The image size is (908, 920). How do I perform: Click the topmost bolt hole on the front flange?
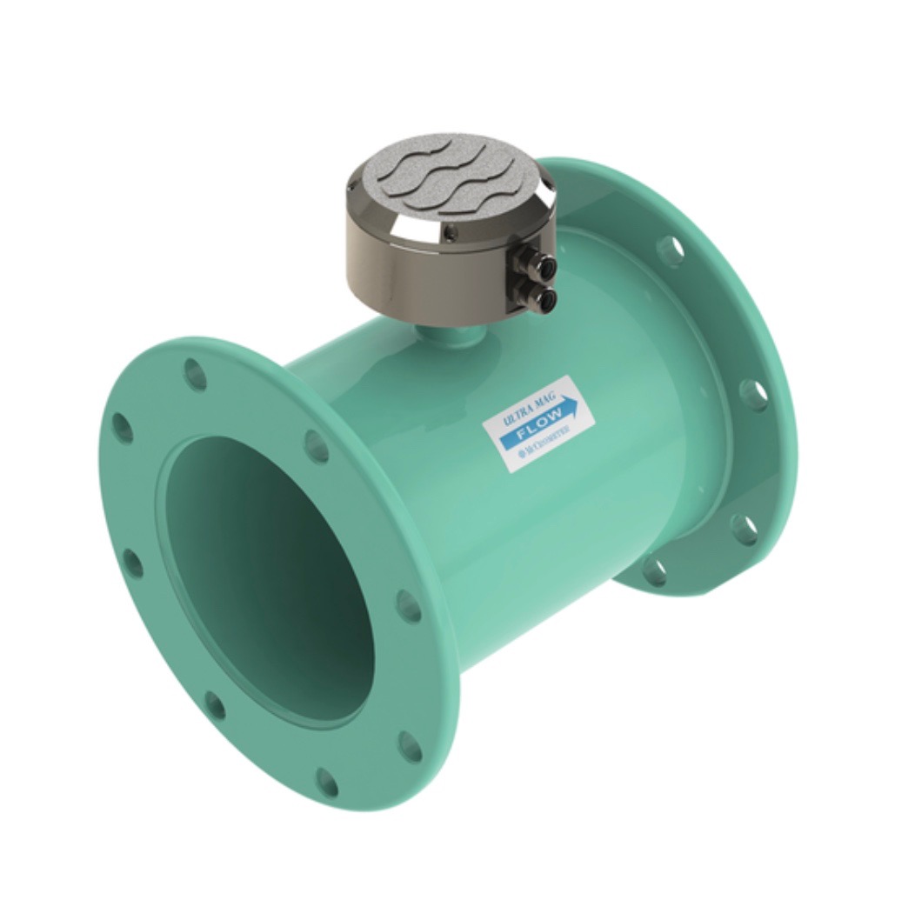[x=196, y=374]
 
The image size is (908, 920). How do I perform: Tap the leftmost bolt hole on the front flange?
[x=123, y=429]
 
